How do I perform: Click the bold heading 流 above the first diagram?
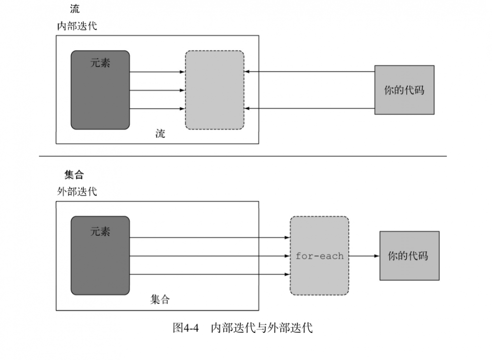click(75, 9)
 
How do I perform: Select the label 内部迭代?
click(77, 26)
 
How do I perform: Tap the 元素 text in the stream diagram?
click(100, 63)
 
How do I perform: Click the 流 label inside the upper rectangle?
click(160, 133)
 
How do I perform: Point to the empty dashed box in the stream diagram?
click(215, 90)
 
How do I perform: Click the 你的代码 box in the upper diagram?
click(404, 90)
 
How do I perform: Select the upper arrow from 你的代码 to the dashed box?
click(309, 72)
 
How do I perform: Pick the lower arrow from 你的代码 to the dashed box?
click(309, 108)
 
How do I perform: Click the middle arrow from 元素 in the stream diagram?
click(157, 90)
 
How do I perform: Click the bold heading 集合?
click(74, 175)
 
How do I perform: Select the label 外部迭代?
click(77, 192)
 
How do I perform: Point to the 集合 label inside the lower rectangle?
click(160, 299)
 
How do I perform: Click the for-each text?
click(319, 256)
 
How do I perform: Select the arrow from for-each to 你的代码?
click(364, 256)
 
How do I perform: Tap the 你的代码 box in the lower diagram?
click(409, 256)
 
